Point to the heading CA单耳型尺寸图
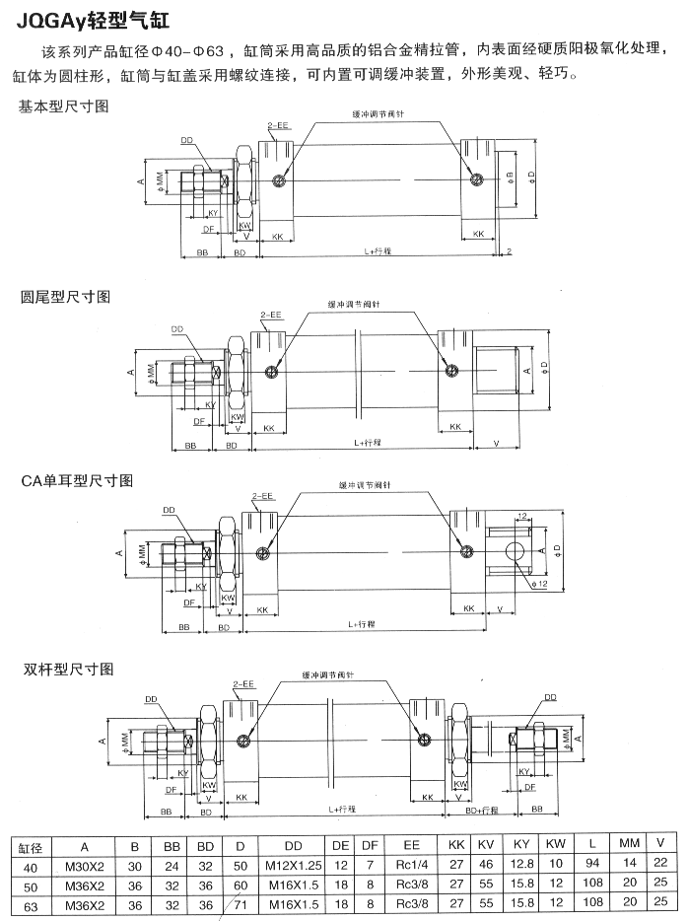(77, 480)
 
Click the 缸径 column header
(29, 846)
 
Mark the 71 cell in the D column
(240, 904)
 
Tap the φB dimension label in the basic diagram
(510, 177)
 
